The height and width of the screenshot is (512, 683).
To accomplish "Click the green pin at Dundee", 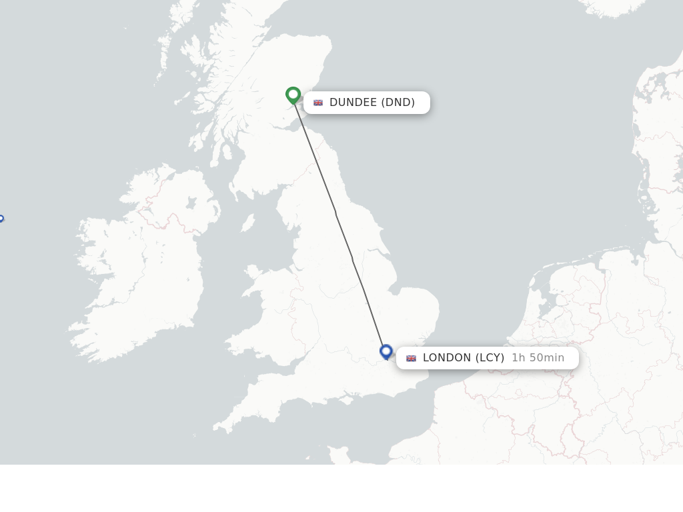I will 293,95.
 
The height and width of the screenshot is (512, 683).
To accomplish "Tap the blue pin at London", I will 386,351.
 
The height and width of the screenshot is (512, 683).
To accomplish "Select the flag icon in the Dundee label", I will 318,103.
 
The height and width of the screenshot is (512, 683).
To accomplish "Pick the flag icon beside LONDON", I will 411,358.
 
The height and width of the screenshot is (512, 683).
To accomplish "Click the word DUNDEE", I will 353,103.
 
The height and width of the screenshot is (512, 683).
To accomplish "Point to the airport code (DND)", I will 398,103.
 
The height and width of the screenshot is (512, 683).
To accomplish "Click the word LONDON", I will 447,358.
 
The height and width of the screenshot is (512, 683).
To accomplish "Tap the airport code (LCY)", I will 490,358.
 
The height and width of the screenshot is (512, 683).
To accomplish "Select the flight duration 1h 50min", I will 538,358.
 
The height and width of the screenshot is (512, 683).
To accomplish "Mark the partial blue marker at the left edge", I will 1,219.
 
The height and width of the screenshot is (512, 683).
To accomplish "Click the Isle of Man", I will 247,223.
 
